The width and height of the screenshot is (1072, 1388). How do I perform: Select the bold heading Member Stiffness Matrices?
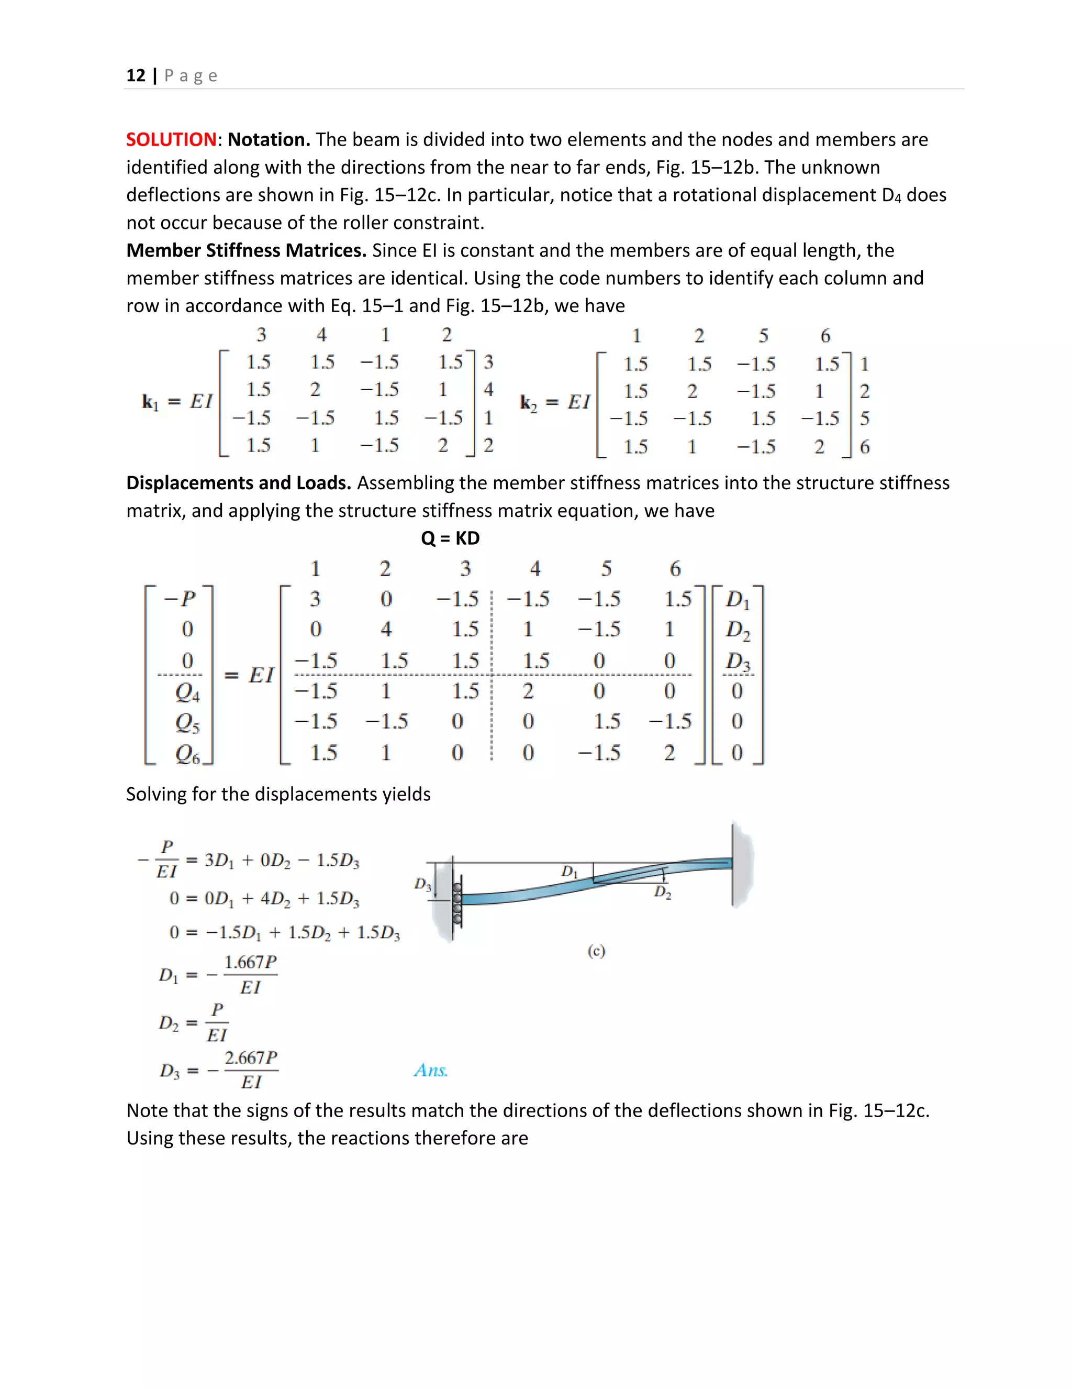pyautogui.click(x=247, y=250)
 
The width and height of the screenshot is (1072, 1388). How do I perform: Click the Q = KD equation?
pyautogui.click(x=450, y=538)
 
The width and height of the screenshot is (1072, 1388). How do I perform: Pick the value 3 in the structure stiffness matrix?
pyautogui.click(x=316, y=599)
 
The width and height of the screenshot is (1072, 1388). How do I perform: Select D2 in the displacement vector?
pyautogui.click(x=738, y=630)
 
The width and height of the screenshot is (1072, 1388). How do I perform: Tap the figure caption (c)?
pyautogui.click(x=596, y=951)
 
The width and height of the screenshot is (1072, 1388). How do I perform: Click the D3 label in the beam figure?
pyautogui.click(x=422, y=884)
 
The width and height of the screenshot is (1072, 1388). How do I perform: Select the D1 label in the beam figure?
pyautogui.click(x=569, y=872)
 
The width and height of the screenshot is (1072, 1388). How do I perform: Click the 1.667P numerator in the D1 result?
pyautogui.click(x=250, y=962)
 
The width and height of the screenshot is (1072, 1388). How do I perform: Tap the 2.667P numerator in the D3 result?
pyautogui.click(x=251, y=1057)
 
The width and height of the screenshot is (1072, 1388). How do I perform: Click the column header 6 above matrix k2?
pyautogui.click(x=825, y=336)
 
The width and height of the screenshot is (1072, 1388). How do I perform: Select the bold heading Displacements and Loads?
pyautogui.click(x=239, y=483)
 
